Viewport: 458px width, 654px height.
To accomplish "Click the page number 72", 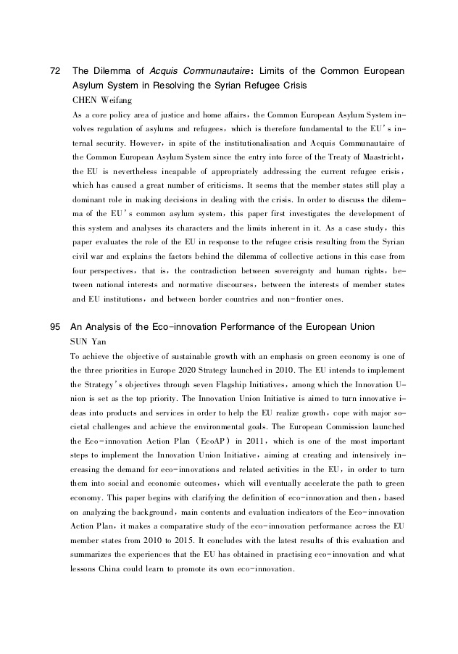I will click(54, 71).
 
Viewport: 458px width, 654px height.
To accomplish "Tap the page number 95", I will click(54, 327).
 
